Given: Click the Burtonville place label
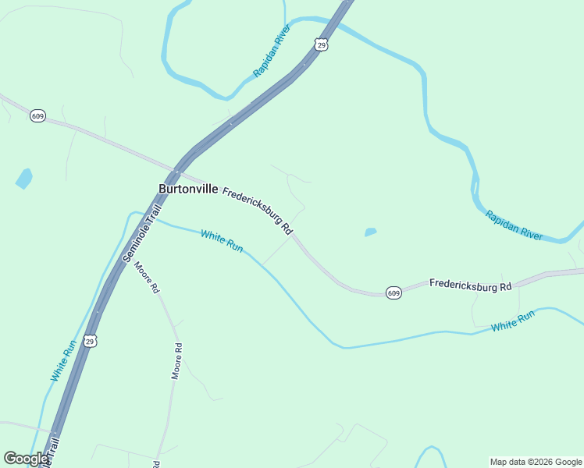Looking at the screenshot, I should point(188,189).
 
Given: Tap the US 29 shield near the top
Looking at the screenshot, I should point(322,45).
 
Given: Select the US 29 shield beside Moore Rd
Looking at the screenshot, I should point(91,342).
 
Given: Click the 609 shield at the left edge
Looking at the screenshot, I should point(37,115).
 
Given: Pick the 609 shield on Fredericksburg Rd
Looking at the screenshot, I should point(393,293).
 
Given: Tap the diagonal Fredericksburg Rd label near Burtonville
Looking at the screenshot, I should point(257,211).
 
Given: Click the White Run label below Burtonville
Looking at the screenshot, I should point(222,241).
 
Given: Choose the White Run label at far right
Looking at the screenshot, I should point(513,321).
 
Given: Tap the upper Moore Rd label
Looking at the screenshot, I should point(147,277).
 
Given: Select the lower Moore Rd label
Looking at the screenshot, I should point(177,360).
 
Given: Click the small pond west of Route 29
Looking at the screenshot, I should point(24,179).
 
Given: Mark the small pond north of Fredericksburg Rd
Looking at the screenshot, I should point(370,232).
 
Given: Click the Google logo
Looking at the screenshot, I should point(27,459).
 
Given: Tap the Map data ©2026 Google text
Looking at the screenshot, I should point(536,462).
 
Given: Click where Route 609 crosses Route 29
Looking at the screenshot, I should point(178,170).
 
